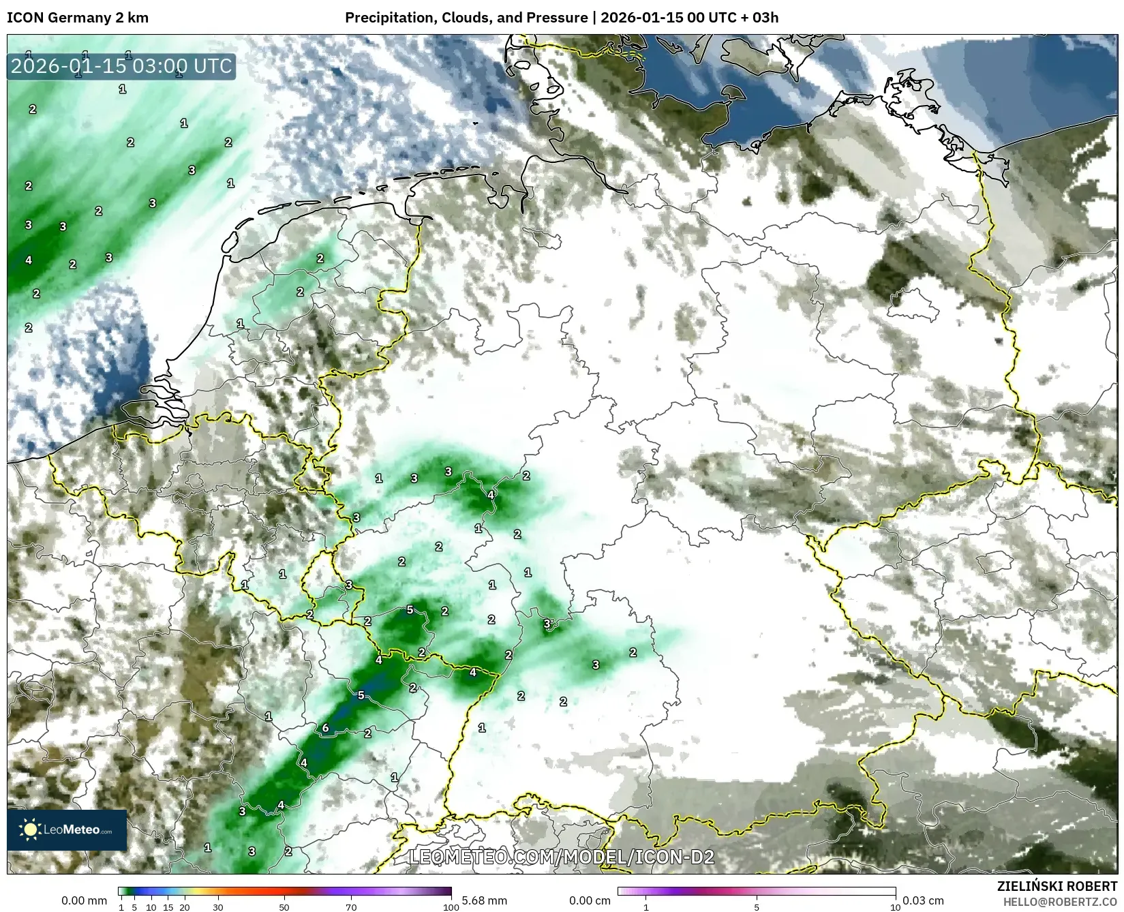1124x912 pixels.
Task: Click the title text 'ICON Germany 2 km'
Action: pyautogui.click(x=78, y=18)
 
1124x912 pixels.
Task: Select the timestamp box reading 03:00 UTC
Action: pyautogui.click(x=121, y=67)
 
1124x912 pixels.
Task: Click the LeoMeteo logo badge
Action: pyautogui.click(x=67, y=830)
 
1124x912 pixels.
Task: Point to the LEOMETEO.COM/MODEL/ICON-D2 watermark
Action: pyautogui.click(x=562, y=856)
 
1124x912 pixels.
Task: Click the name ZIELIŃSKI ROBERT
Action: pyautogui.click(x=1057, y=886)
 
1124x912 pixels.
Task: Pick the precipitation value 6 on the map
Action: pyautogui.click(x=326, y=728)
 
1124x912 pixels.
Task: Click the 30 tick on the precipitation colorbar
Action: pyautogui.click(x=217, y=907)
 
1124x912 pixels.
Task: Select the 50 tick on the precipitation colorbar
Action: pyautogui.click(x=284, y=907)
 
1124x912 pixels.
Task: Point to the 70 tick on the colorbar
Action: pyautogui.click(x=351, y=907)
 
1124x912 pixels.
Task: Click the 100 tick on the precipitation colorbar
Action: pyautogui.click(x=451, y=907)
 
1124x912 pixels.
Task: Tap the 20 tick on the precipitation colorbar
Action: pyautogui.click(x=184, y=907)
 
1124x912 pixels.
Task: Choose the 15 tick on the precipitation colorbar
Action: pyautogui.click(x=168, y=907)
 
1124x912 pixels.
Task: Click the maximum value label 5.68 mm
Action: pyautogui.click(x=484, y=900)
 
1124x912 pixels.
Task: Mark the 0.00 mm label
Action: pyautogui.click(x=84, y=900)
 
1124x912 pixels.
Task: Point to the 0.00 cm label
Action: pyautogui.click(x=590, y=900)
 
